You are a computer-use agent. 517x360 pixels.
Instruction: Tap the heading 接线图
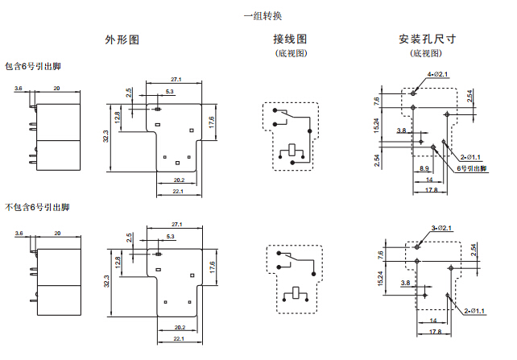point(290,39)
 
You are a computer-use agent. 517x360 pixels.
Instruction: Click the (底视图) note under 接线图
point(290,53)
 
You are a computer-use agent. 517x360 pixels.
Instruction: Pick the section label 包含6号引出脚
point(32,67)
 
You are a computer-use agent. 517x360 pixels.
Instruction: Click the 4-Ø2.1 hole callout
point(437,74)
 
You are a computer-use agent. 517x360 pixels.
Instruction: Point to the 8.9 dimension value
point(424,168)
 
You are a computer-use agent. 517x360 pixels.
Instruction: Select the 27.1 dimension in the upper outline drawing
point(176,79)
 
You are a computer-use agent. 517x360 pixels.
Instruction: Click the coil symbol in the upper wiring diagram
point(291,151)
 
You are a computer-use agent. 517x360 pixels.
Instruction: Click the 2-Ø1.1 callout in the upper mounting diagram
point(470,156)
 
